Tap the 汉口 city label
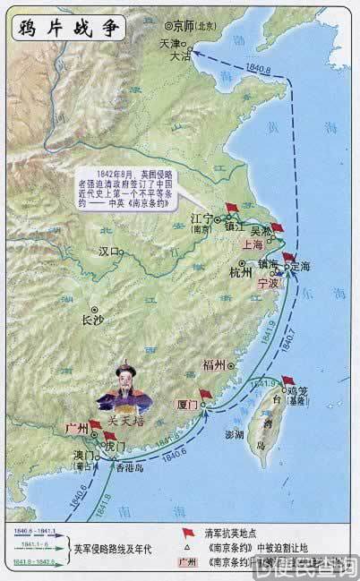point(108,252)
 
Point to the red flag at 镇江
point(232,209)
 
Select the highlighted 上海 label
point(253,243)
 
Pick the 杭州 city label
point(241,273)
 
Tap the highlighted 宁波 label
point(268,282)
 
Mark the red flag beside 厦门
point(205,395)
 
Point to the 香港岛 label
point(129,466)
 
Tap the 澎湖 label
point(233,435)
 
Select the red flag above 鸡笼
point(287,381)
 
